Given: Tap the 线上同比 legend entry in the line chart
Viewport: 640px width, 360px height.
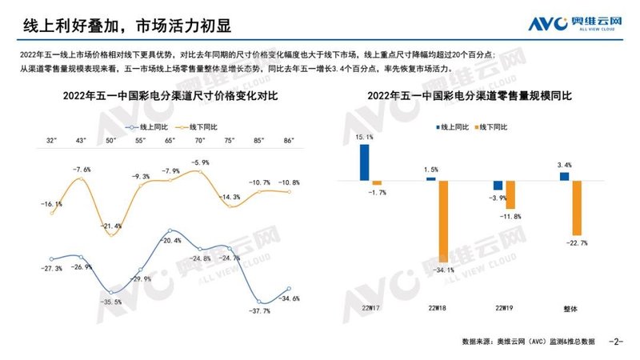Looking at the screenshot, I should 144,126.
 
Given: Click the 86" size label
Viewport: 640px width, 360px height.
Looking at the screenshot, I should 289,141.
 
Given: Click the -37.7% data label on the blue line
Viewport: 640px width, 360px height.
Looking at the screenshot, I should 260,310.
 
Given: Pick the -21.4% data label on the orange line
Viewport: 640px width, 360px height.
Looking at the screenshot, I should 112,226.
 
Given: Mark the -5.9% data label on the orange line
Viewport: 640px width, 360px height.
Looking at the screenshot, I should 200,162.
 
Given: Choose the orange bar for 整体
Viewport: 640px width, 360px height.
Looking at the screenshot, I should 574,206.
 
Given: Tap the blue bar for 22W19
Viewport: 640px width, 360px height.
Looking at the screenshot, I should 498,185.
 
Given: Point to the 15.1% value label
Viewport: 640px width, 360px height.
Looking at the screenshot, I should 364,137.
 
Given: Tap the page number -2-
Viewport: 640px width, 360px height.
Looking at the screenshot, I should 616,342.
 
